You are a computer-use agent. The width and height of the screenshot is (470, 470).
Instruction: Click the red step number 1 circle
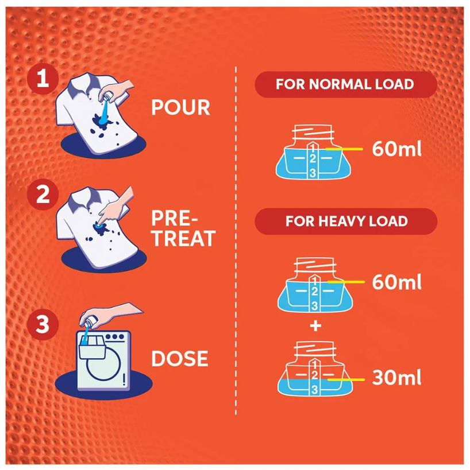[43, 79]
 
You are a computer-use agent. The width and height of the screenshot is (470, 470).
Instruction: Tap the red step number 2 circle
[43, 194]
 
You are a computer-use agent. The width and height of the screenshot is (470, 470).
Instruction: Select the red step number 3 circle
[43, 324]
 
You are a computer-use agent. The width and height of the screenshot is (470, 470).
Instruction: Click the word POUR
[180, 107]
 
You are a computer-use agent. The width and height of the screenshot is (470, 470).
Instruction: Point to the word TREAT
[183, 238]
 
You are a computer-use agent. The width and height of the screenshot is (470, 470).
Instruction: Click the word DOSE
[180, 359]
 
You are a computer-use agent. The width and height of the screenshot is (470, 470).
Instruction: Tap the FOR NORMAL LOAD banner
[345, 84]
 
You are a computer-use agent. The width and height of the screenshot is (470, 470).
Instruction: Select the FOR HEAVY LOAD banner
[346, 221]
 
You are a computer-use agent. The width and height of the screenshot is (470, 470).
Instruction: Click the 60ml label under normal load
[396, 149]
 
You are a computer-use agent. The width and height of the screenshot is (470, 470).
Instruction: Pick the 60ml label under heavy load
[396, 282]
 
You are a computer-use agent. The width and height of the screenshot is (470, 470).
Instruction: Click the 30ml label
[396, 377]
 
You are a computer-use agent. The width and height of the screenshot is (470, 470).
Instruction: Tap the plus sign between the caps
[315, 326]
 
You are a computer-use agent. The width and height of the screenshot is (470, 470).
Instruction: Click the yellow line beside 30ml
[346, 380]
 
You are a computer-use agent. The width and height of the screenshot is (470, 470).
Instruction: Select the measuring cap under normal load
[313, 152]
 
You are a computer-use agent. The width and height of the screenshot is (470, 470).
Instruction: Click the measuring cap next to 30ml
[314, 368]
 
